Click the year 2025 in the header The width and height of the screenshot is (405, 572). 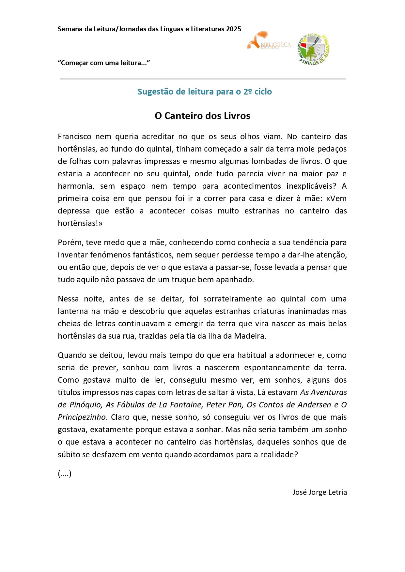(x=233, y=29)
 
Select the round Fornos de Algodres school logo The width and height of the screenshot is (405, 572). (x=313, y=49)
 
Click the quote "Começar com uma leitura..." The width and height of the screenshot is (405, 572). (x=104, y=63)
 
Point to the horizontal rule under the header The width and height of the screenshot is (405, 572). (x=203, y=79)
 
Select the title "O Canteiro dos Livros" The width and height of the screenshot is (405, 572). (x=202, y=116)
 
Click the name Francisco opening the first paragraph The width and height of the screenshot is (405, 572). (x=74, y=137)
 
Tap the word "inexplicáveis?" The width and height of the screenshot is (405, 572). (x=311, y=186)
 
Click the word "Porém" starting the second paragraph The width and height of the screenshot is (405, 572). (x=70, y=242)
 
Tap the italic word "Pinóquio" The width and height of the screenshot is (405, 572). (x=85, y=405)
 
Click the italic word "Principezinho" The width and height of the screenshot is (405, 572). (x=82, y=417)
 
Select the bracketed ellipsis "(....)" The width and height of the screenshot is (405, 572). (x=65, y=474)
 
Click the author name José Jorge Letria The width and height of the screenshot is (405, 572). (x=319, y=492)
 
